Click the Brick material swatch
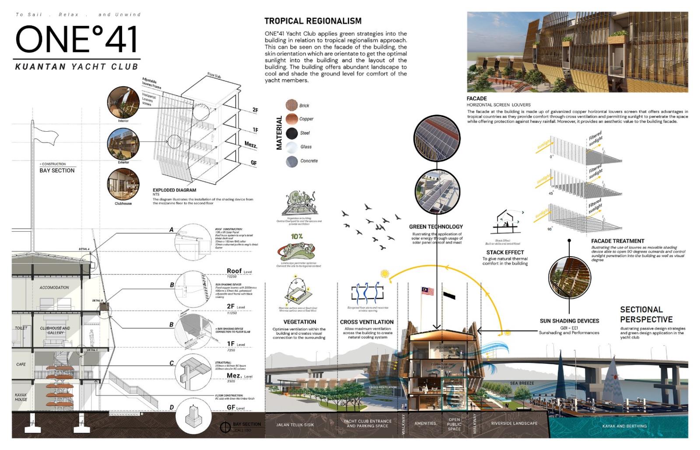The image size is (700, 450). tap(291, 105)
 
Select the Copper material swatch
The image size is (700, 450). tap(291, 119)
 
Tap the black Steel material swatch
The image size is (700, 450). tap(291, 133)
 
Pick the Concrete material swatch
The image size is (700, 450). tap(291, 161)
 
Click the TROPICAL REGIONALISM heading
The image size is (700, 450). tap(313, 21)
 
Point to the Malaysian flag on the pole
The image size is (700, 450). tap(427, 291)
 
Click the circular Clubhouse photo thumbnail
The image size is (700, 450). tap(123, 184)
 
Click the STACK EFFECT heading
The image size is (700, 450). tap(505, 252)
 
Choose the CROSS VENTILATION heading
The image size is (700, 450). tap(367, 322)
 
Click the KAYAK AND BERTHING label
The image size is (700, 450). tap(624, 426)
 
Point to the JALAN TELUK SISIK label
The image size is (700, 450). tap(295, 425)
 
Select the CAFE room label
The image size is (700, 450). tap(21, 364)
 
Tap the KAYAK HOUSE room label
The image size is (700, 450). tap(21, 397)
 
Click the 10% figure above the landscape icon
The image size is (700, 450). tap(297, 237)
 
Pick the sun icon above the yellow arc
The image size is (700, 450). tap(385, 274)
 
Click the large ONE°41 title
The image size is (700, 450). tap(77, 39)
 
